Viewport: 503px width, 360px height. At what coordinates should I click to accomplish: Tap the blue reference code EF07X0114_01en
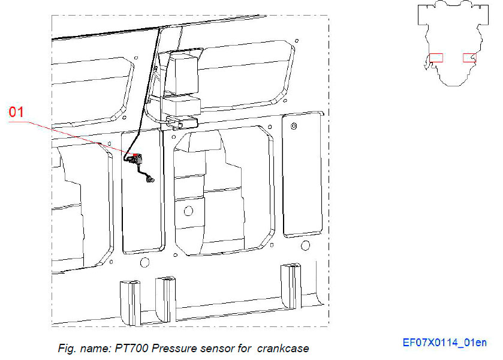[444, 343]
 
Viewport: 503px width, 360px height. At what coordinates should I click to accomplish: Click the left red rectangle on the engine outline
[436, 58]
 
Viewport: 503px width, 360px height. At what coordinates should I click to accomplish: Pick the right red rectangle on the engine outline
[469, 58]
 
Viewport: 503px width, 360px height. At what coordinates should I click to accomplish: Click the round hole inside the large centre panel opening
[188, 210]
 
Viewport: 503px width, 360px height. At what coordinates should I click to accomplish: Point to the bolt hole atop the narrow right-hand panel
[294, 125]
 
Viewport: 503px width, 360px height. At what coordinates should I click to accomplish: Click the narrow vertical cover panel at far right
[302, 174]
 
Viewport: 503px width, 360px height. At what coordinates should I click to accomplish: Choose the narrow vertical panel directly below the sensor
[142, 210]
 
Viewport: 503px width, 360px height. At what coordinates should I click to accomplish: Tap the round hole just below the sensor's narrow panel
[143, 262]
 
